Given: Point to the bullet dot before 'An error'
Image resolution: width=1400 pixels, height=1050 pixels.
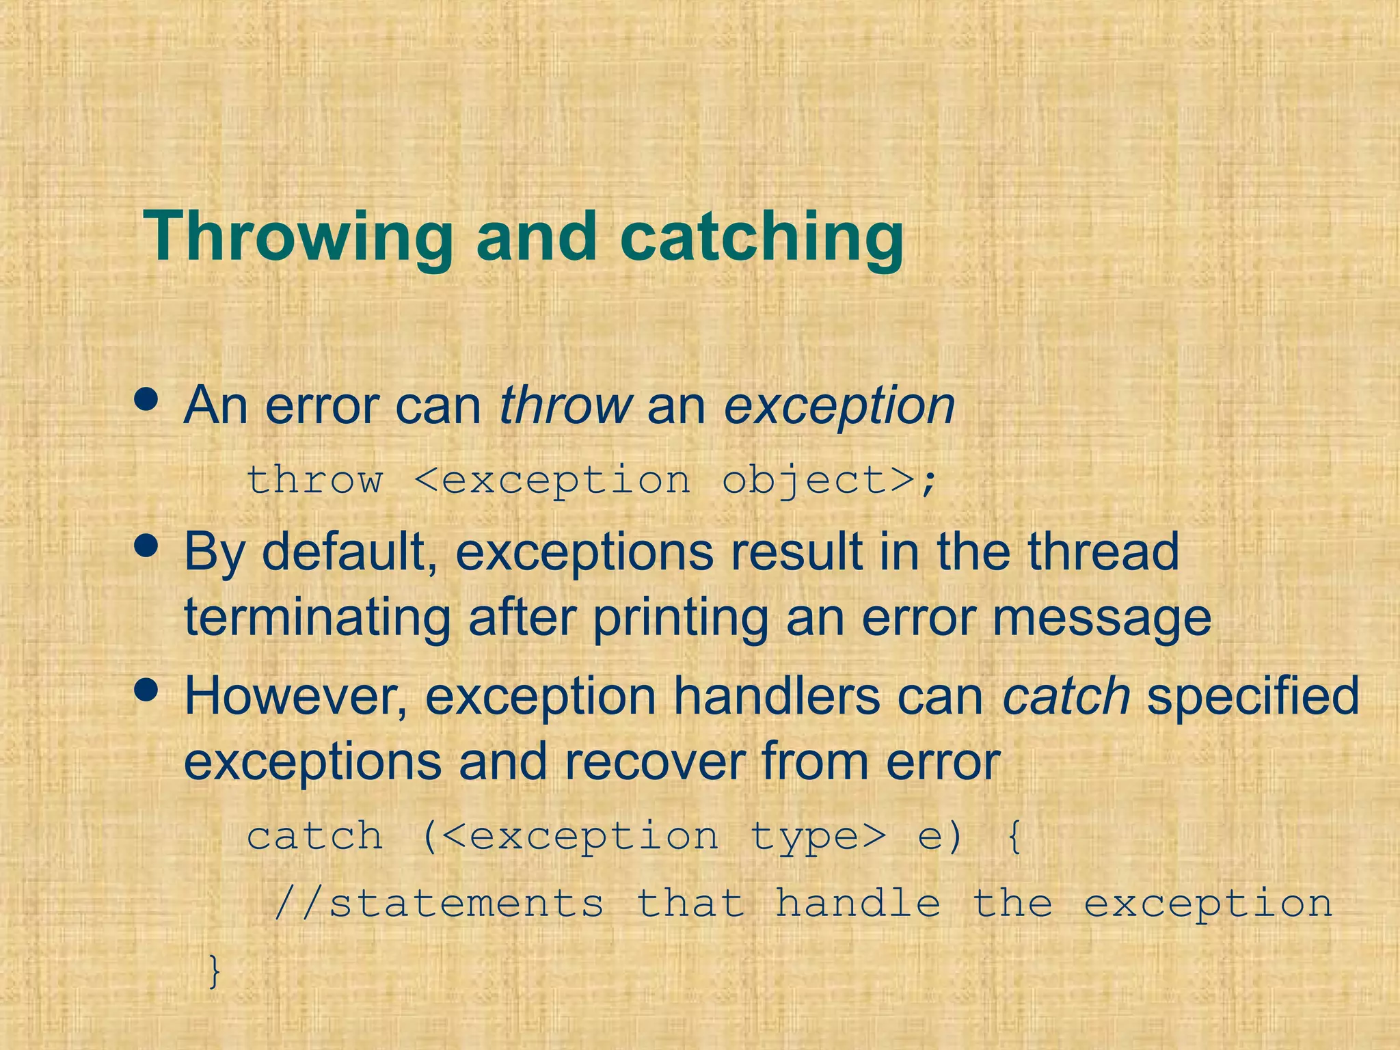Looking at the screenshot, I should coord(146,399).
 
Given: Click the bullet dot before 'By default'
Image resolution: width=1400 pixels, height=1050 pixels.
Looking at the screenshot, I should coord(146,546).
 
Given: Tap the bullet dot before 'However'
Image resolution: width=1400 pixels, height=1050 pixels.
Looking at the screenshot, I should coord(146,690).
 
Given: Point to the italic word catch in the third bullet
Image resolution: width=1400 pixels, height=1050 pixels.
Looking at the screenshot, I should coord(1066,696).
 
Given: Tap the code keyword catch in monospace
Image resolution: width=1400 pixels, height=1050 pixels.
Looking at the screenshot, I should coord(314,836).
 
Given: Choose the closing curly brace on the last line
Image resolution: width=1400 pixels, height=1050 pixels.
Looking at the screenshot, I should coord(215,971).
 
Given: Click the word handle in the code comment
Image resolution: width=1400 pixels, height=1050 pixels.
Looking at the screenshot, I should coord(858,903).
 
